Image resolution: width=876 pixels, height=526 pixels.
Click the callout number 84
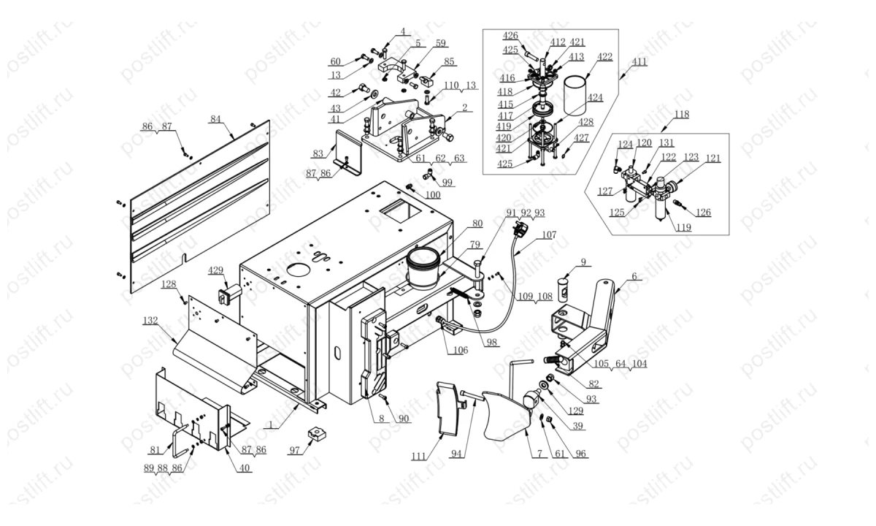(215, 119)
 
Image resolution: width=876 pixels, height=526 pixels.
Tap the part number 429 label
(215, 270)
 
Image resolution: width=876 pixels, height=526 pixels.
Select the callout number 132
(150, 321)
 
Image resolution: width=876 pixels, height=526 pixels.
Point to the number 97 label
(294, 451)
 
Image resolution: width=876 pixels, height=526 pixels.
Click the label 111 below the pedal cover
(418, 457)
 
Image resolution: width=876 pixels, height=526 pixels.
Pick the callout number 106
(461, 350)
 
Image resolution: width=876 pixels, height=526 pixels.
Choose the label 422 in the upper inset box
(604, 57)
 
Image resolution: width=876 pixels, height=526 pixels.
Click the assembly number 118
(682, 115)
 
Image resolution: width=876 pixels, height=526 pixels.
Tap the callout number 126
(703, 213)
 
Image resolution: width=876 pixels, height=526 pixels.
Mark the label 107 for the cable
(549, 235)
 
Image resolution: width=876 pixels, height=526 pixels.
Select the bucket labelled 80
(423, 268)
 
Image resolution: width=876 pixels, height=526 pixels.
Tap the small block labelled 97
(318, 432)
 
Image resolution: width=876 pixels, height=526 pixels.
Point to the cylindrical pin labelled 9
(563, 289)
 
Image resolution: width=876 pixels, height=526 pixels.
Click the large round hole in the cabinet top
(299, 270)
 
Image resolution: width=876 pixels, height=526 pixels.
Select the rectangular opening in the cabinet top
(401, 211)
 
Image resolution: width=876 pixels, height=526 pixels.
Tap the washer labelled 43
(372, 94)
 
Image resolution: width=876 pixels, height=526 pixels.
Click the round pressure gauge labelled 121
(672, 186)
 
